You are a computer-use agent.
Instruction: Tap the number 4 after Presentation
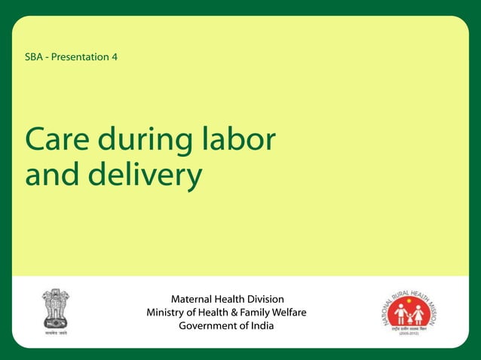tap(114, 57)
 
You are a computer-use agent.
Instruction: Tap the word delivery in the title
tap(146, 175)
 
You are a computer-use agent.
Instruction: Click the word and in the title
tap(53, 175)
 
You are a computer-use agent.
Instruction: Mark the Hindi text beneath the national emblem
tap(55, 332)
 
